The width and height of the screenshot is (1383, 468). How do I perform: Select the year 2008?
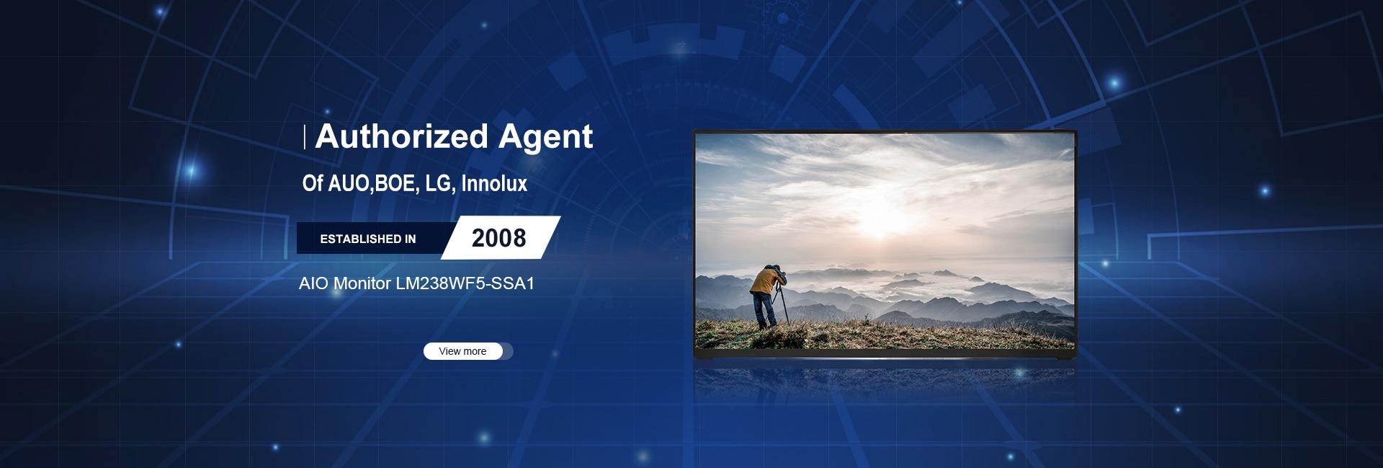point(499,238)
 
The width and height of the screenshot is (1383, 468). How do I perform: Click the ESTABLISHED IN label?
point(368,239)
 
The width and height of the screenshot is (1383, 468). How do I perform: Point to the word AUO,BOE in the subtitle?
point(372,184)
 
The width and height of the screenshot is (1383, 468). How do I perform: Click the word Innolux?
point(494,183)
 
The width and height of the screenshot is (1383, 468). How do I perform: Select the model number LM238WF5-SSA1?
point(465,283)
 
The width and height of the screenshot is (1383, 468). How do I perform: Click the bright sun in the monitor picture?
point(883,229)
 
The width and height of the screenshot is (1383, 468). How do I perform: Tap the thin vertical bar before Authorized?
point(305,136)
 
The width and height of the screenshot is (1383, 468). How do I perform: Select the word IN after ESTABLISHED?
point(411,239)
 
